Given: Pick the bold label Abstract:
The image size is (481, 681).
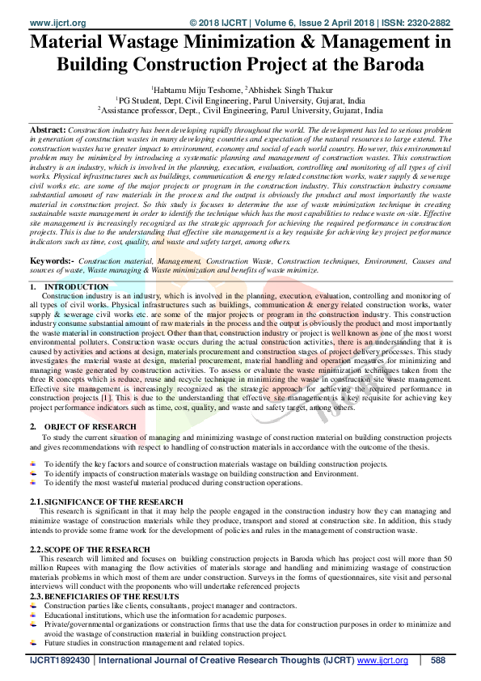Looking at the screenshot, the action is pos(48,129).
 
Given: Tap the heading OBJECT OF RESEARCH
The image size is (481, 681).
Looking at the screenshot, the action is pos(91,425).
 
